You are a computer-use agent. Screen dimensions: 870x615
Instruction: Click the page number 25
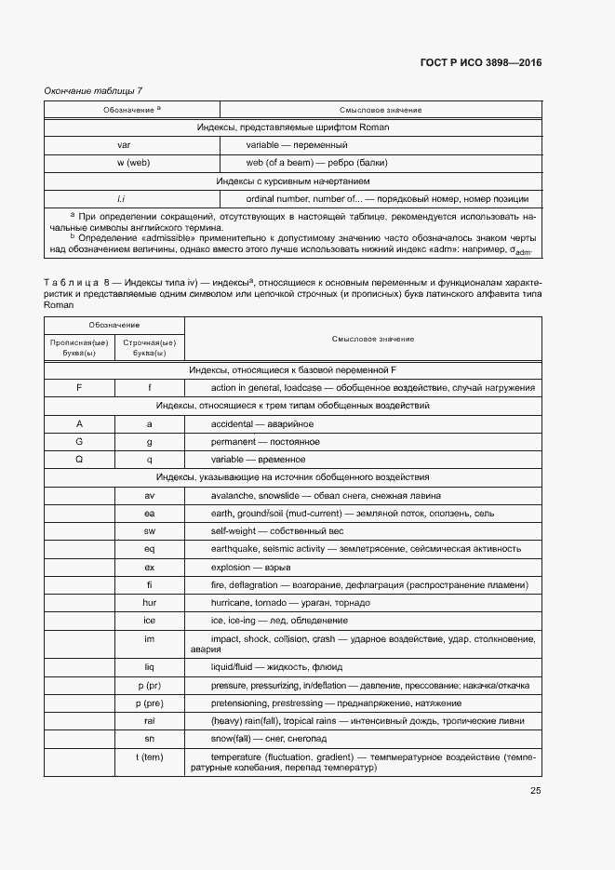535,791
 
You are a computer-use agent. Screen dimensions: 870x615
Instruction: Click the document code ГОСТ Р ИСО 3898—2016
480,63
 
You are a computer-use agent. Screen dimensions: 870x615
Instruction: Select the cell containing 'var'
124,145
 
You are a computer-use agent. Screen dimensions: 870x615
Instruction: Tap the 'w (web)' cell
133,163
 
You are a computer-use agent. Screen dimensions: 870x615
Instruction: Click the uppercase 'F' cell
79,387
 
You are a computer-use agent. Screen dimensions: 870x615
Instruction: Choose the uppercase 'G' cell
79,441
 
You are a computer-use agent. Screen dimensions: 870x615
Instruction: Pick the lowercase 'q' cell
149,459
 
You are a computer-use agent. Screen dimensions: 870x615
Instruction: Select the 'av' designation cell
149,495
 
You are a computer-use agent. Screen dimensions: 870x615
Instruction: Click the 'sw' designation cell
149,530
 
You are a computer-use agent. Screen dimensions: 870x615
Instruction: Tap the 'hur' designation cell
149,603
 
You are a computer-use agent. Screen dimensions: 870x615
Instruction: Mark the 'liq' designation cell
149,667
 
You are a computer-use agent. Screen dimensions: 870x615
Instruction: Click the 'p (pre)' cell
149,703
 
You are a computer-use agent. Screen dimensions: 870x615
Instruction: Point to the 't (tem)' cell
149,756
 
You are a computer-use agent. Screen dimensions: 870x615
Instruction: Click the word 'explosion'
231,567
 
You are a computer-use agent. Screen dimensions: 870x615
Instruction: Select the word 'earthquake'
236,549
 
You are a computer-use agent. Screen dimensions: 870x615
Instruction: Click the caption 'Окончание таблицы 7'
93,90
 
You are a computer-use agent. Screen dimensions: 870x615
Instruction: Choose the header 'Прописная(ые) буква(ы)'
79,348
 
